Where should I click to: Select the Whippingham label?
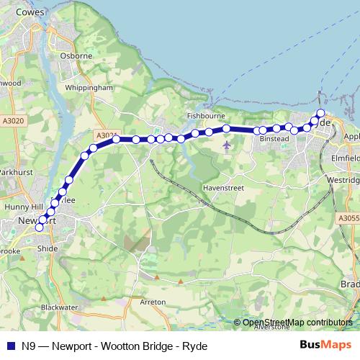(x=89, y=87)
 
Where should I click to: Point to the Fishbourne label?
(x=207, y=115)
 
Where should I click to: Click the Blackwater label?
(x=59, y=307)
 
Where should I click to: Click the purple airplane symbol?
(x=228, y=147)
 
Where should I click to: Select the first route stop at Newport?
(x=39, y=228)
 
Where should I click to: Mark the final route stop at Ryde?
(x=320, y=113)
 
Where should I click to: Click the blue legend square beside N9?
(x=9, y=346)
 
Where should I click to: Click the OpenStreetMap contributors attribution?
(x=297, y=322)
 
